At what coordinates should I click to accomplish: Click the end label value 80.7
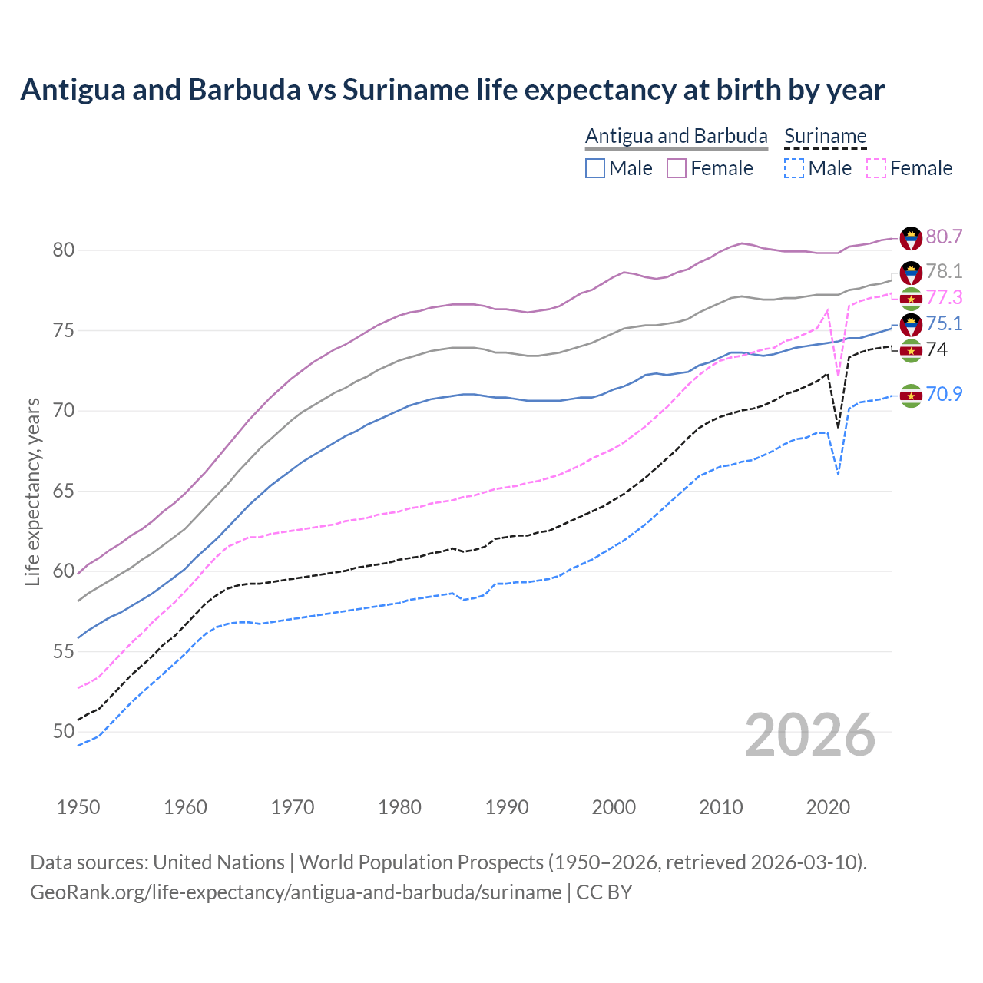tap(944, 237)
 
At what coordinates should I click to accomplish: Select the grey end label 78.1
tap(944, 271)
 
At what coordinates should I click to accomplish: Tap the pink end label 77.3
tap(944, 297)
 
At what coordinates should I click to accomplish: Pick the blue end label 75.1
tap(944, 323)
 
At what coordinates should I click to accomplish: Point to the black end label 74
tap(937, 349)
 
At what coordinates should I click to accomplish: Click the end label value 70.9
tap(944, 394)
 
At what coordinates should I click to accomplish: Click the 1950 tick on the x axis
tap(78, 807)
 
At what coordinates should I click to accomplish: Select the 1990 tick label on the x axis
tap(507, 807)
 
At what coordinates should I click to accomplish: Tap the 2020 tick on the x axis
tap(828, 807)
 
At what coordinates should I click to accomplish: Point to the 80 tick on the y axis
tap(63, 250)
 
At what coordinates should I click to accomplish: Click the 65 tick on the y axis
tap(63, 491)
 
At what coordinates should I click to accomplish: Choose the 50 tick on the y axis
tap(63, 732)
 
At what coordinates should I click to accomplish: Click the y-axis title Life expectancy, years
tap(32, 491)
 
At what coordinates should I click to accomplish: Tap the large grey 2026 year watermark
tap(810, 735)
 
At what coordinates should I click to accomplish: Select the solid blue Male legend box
tap(595, 168)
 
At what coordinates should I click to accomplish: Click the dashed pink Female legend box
tap(876, 168)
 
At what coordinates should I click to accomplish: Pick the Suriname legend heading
tap(825, 136)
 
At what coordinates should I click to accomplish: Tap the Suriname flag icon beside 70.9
tap(911, 396)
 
